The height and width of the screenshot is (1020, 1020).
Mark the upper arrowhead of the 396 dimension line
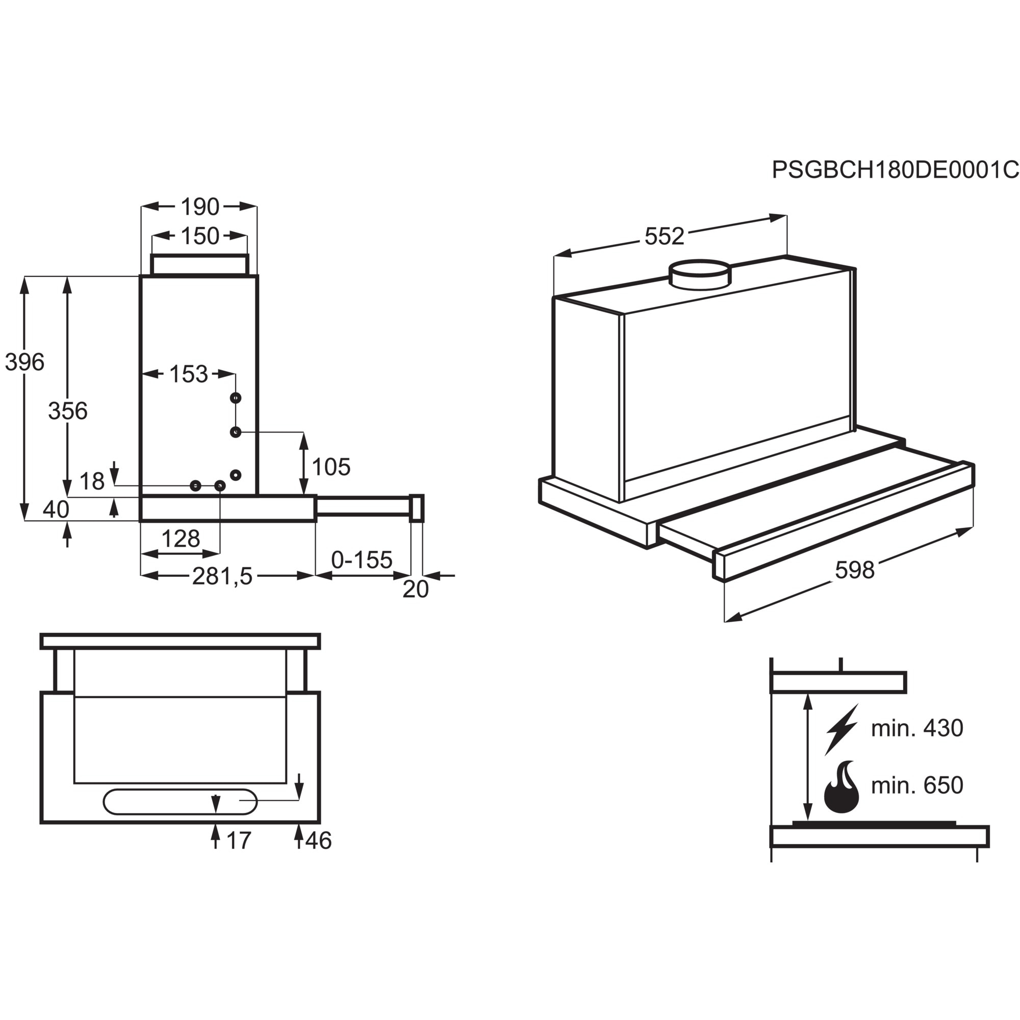point(25,285)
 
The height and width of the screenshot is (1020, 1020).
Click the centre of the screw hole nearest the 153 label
point(236,398)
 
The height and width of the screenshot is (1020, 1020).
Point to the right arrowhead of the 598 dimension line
point(965,531)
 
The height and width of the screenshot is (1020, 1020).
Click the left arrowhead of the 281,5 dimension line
point(150,575)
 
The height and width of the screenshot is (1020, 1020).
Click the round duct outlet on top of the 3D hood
point(700,274)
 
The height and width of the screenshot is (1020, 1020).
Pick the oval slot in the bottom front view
point(180,801)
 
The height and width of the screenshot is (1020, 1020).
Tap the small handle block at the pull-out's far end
point(417,508)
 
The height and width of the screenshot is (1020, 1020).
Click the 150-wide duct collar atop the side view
point(199,265)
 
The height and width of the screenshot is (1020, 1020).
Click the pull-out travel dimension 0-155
point(362,559)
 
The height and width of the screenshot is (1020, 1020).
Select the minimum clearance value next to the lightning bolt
point(917,729)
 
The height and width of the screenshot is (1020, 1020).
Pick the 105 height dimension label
point(331,467)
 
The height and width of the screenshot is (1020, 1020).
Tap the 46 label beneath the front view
point(318,840)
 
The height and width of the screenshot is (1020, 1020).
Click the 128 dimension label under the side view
point(180,539)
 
